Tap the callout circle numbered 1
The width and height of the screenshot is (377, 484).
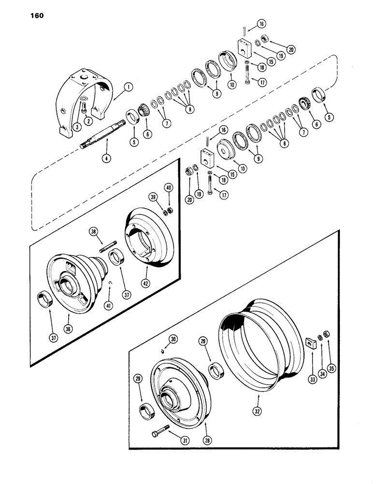(115, 88)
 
